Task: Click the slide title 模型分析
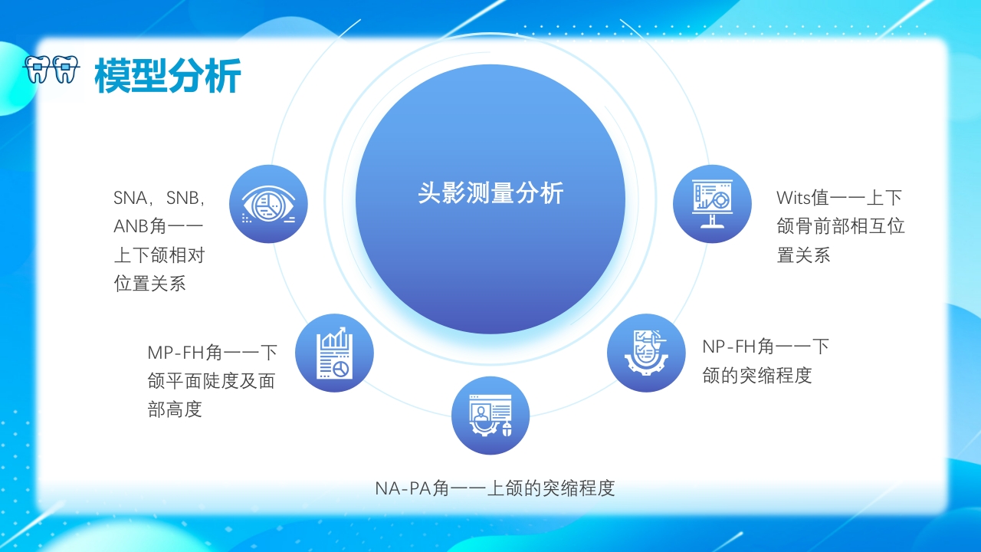coord(168,75)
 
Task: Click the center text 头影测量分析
coord(490,193)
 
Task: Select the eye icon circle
coord(268,204)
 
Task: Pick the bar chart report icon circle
coord(334,353)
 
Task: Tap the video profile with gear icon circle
coord(490,416)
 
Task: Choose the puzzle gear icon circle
coord(646,353)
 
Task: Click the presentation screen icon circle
coord(712,204)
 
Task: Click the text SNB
coord(185,198)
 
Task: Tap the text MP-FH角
coord(185,353)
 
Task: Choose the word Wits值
coord(802,198)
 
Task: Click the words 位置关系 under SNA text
coord(150,283)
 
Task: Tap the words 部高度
coord(175,409)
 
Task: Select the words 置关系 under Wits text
coord(804,255)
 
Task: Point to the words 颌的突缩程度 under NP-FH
coord(757,375)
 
